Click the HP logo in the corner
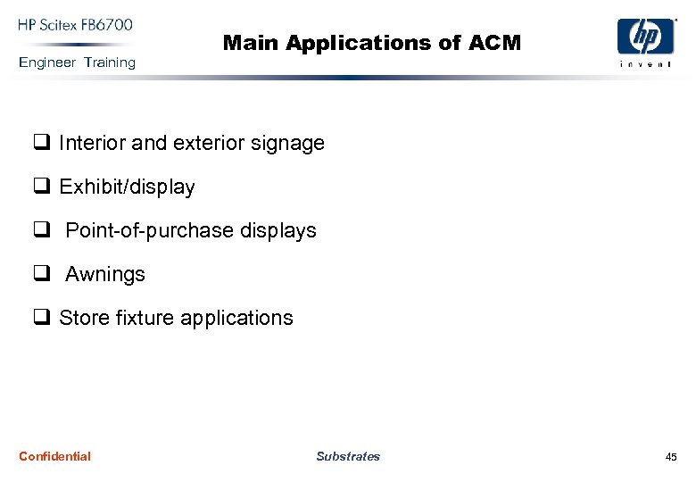click(646, 37)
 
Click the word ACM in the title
click(499, 42)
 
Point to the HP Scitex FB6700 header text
click(76, 24)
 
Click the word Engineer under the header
click(47, 62)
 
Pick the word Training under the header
click(110, 62)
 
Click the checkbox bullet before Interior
click(41, 143)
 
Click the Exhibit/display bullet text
click(127, 187)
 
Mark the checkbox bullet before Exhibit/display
click(41, 187)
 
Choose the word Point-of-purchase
click(150, 230)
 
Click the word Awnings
click(105, 274)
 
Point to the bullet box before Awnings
click(41, 274)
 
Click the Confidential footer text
click(54, 456)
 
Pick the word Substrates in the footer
click(348, 456)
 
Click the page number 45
click(671, 457)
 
